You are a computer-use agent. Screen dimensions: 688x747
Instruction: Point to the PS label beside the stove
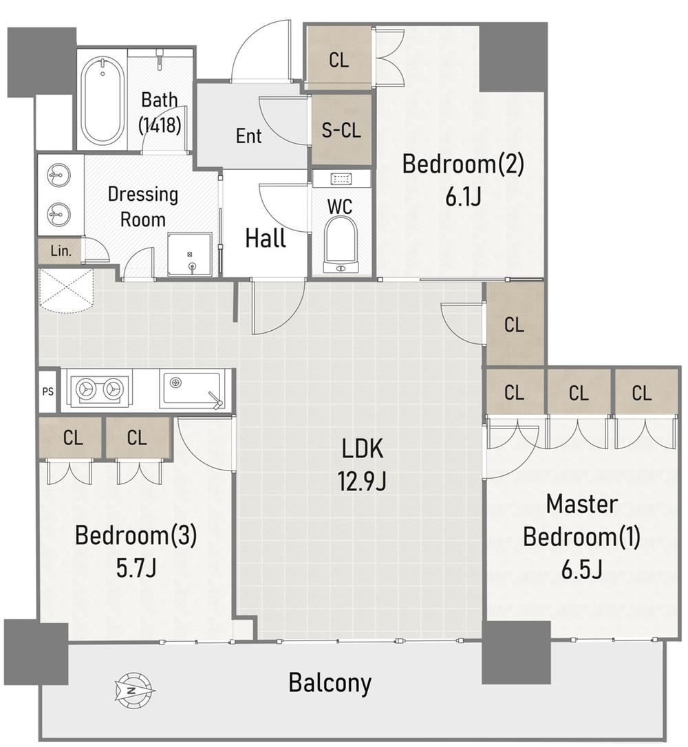pyautogui.click(x=47, y=391)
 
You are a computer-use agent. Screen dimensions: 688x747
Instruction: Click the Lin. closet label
pyautogui.click(x=61, y=250)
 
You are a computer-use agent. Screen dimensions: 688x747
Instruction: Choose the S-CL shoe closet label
pyautogui.click(x=341, y=130)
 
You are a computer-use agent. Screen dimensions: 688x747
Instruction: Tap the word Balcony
pyautogui.click(x=330, y=683)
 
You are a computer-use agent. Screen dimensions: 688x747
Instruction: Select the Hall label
pyautogui.click(x=266, y=238)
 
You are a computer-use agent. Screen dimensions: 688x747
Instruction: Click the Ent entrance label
pyautogui.click(x=248, y=136)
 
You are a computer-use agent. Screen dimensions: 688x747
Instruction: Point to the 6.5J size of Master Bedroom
pyautogui.click(x=581, y=569)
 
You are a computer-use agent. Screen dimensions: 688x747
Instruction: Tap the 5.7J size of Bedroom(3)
pyautogui.click(x=136, y=567)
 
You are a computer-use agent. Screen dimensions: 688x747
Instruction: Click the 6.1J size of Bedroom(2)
pyautogui.click(x=462, y=196)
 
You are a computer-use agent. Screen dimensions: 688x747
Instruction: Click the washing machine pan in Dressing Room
pyautogui.click(x=190, y=254)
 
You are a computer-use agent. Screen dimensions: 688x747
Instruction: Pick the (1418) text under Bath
pyautogui.click(x=160, y=125)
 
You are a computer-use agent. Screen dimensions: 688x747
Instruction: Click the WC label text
pyautogui.click(x=340, y=207)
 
